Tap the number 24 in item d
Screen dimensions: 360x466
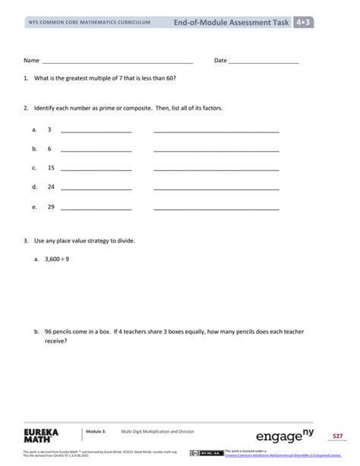[51, 186]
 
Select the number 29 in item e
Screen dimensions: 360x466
[51, 206]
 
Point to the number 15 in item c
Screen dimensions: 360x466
[51, 167]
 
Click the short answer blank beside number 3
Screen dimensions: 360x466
[95, 131]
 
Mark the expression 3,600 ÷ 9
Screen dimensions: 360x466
[58, 259]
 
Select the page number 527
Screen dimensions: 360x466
[338, 436]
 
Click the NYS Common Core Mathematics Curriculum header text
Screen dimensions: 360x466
[84, 24]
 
